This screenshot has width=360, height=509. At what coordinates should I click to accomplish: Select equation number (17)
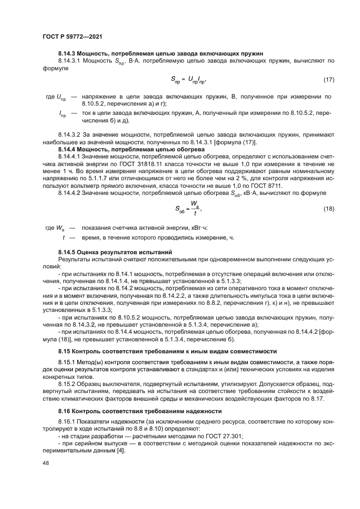point(328,80)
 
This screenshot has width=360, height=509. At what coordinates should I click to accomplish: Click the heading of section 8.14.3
point(161,53)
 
